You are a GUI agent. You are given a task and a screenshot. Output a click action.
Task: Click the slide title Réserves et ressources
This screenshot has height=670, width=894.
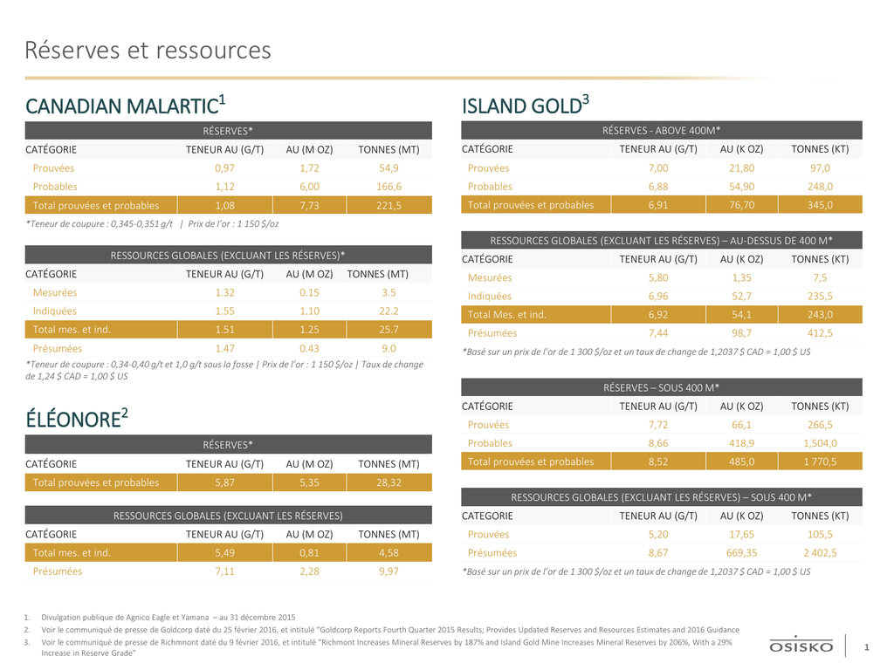(148, 50)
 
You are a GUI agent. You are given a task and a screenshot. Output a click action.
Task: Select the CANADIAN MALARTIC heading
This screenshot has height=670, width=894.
(126, 106)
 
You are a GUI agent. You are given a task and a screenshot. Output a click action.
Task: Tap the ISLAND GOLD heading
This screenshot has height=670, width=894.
(525, 106)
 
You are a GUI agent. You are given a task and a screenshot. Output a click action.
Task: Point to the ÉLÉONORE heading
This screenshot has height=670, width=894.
(77, 419)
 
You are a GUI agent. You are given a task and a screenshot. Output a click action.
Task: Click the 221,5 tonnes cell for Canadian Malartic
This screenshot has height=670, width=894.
(389, 206)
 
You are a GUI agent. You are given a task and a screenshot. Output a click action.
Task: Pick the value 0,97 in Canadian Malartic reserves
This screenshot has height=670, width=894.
(224, 168)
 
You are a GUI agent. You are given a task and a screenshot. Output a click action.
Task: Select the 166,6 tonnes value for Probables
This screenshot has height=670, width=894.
(389, 187)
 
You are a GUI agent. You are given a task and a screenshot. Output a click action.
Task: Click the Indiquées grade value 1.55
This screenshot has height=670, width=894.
(224, 311)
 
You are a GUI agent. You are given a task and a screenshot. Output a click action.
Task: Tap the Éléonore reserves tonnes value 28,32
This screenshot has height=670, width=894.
(389, 482)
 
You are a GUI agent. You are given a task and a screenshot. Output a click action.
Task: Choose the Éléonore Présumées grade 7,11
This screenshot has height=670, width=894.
(224, 571)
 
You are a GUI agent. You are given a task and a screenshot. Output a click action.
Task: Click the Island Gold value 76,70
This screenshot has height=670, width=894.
(742, 205)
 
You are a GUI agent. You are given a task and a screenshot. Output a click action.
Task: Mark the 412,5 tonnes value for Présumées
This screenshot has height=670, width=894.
(820, 332)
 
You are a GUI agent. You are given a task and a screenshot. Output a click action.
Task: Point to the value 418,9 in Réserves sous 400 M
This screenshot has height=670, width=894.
(742, 443)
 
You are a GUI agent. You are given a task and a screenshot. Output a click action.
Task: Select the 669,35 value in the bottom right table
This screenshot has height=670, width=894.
(742, 552)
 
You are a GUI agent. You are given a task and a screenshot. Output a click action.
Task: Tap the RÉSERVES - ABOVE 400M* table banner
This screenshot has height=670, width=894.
(662, 131)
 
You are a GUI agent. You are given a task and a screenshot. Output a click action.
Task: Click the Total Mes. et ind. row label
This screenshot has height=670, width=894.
(507, 314)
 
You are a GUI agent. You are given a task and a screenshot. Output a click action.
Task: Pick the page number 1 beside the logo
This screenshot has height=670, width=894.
(867, 647)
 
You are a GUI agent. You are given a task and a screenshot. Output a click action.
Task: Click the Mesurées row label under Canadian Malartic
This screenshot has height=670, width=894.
(55, 292)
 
